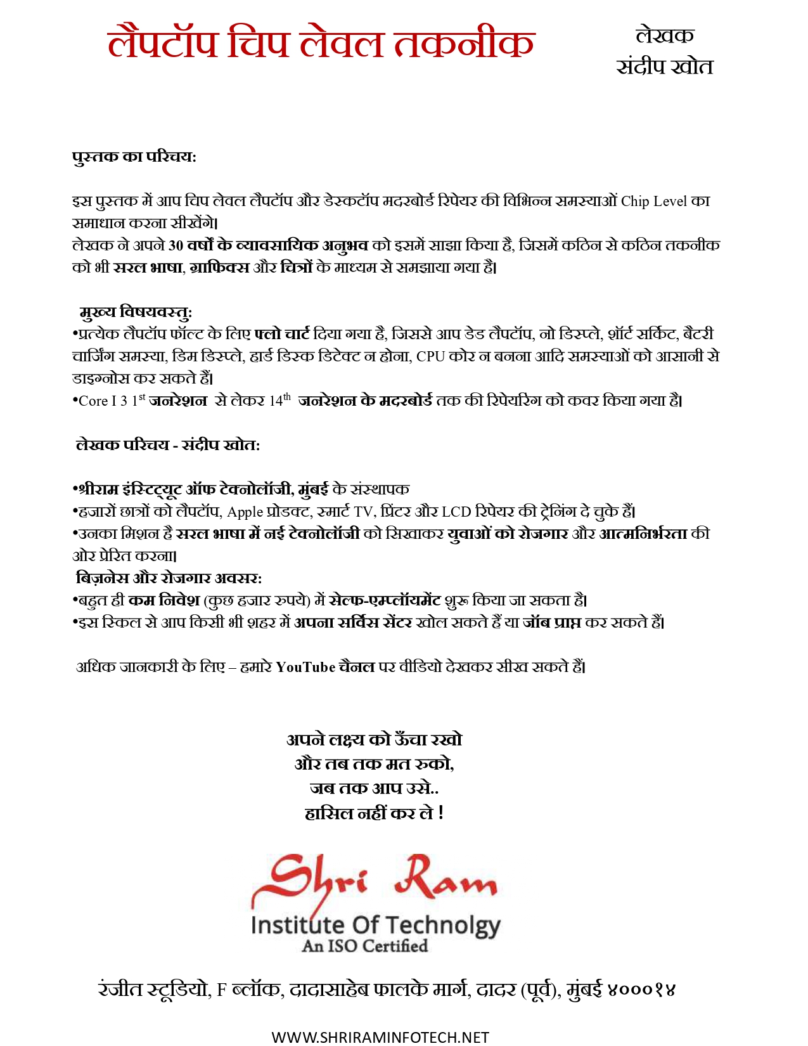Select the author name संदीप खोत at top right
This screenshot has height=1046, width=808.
665,67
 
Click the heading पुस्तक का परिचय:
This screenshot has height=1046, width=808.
134,157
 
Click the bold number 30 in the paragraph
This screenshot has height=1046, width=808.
176,245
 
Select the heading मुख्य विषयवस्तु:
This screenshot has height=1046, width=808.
136,312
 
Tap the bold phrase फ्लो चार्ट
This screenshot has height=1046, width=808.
282,334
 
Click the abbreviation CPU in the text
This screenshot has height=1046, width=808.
430,356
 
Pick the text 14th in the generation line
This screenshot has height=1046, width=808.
279,401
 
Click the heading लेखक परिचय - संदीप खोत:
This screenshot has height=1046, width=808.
168,445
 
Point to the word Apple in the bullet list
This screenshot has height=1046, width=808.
245,512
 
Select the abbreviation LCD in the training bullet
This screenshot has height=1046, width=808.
456,512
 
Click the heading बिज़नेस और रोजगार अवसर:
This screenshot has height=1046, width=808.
169,578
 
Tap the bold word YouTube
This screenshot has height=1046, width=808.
305,667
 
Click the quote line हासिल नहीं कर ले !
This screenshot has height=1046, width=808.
374,813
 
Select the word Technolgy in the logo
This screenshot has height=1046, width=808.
443,926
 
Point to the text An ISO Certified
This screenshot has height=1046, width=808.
365,946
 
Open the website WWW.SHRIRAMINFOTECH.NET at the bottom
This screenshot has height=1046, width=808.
380,1037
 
